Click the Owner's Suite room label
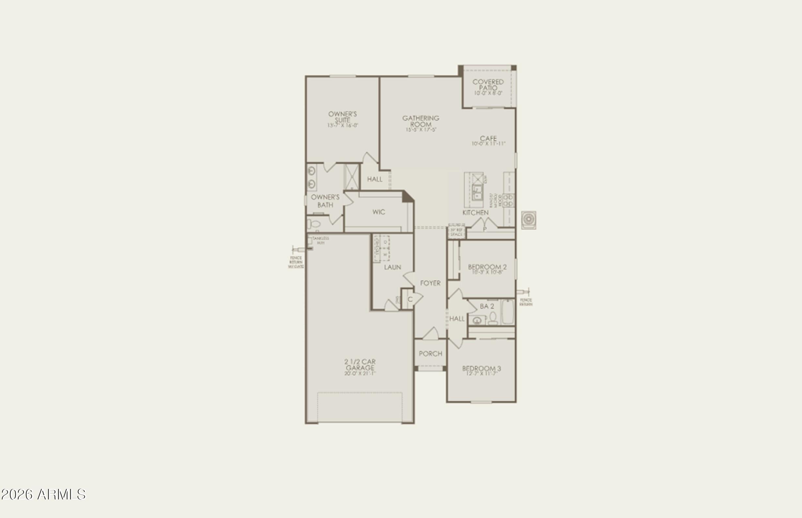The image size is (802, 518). click(342, 118)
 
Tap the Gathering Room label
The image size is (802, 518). click(421, 121)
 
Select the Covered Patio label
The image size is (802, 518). click(488, 85)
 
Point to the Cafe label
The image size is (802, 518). click(488, 139)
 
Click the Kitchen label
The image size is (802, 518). click(475, 212)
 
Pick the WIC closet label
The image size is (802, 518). click(378, 212)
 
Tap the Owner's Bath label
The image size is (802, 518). click(325, 201)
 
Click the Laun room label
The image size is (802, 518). click(393, 267)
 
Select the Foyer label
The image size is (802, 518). click(430, 283)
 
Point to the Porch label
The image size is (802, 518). click(430, 353)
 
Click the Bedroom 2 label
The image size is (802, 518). click(487, 267)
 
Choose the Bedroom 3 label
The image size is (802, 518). click(482, 369)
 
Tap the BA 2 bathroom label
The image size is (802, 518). click(486, 306)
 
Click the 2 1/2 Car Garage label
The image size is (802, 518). click(360, 365)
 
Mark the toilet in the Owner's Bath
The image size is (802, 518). click(314, 224)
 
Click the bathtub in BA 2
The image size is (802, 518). click(508, 312)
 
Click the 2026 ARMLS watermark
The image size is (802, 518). click(43, 494)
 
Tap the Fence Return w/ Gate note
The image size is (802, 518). click(296, 262)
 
